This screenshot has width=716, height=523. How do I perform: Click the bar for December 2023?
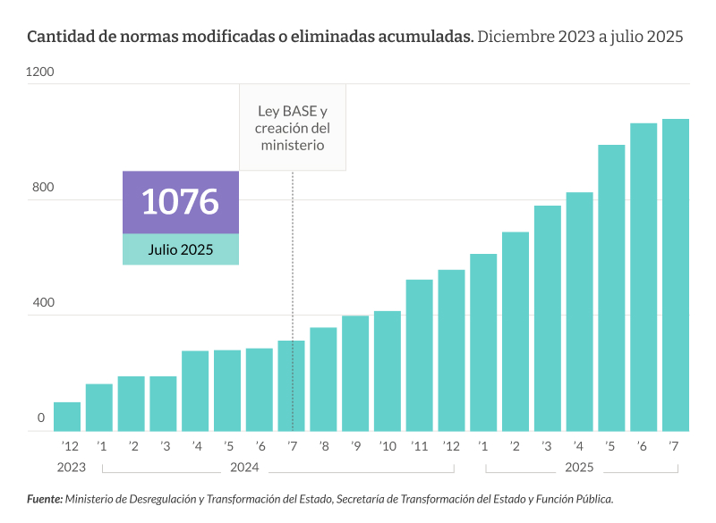[x=67, y=417]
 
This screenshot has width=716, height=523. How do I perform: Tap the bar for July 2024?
[x=291, y=386]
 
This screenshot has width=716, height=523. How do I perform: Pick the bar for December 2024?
[x=451, y=350]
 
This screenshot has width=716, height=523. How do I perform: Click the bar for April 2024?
[x=195, y=391]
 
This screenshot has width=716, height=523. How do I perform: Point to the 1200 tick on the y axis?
[x=41, y=72]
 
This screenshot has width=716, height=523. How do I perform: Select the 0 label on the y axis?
[x=41, y=418]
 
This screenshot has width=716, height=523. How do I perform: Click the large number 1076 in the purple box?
[x=180, y=202]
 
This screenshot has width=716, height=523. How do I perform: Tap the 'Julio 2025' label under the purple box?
[x=180, y=249]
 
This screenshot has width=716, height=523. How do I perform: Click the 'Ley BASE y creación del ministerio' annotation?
[x=293, y=128]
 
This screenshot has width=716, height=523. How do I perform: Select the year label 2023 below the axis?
[x=71, y=467]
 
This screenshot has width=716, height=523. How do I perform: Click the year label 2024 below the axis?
[x=244, y=467]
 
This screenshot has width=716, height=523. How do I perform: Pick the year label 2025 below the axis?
[x=579, y=467]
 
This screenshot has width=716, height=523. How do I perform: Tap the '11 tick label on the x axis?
[x=419, y=446]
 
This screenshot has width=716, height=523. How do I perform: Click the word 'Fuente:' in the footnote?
[x=45, y=500]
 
